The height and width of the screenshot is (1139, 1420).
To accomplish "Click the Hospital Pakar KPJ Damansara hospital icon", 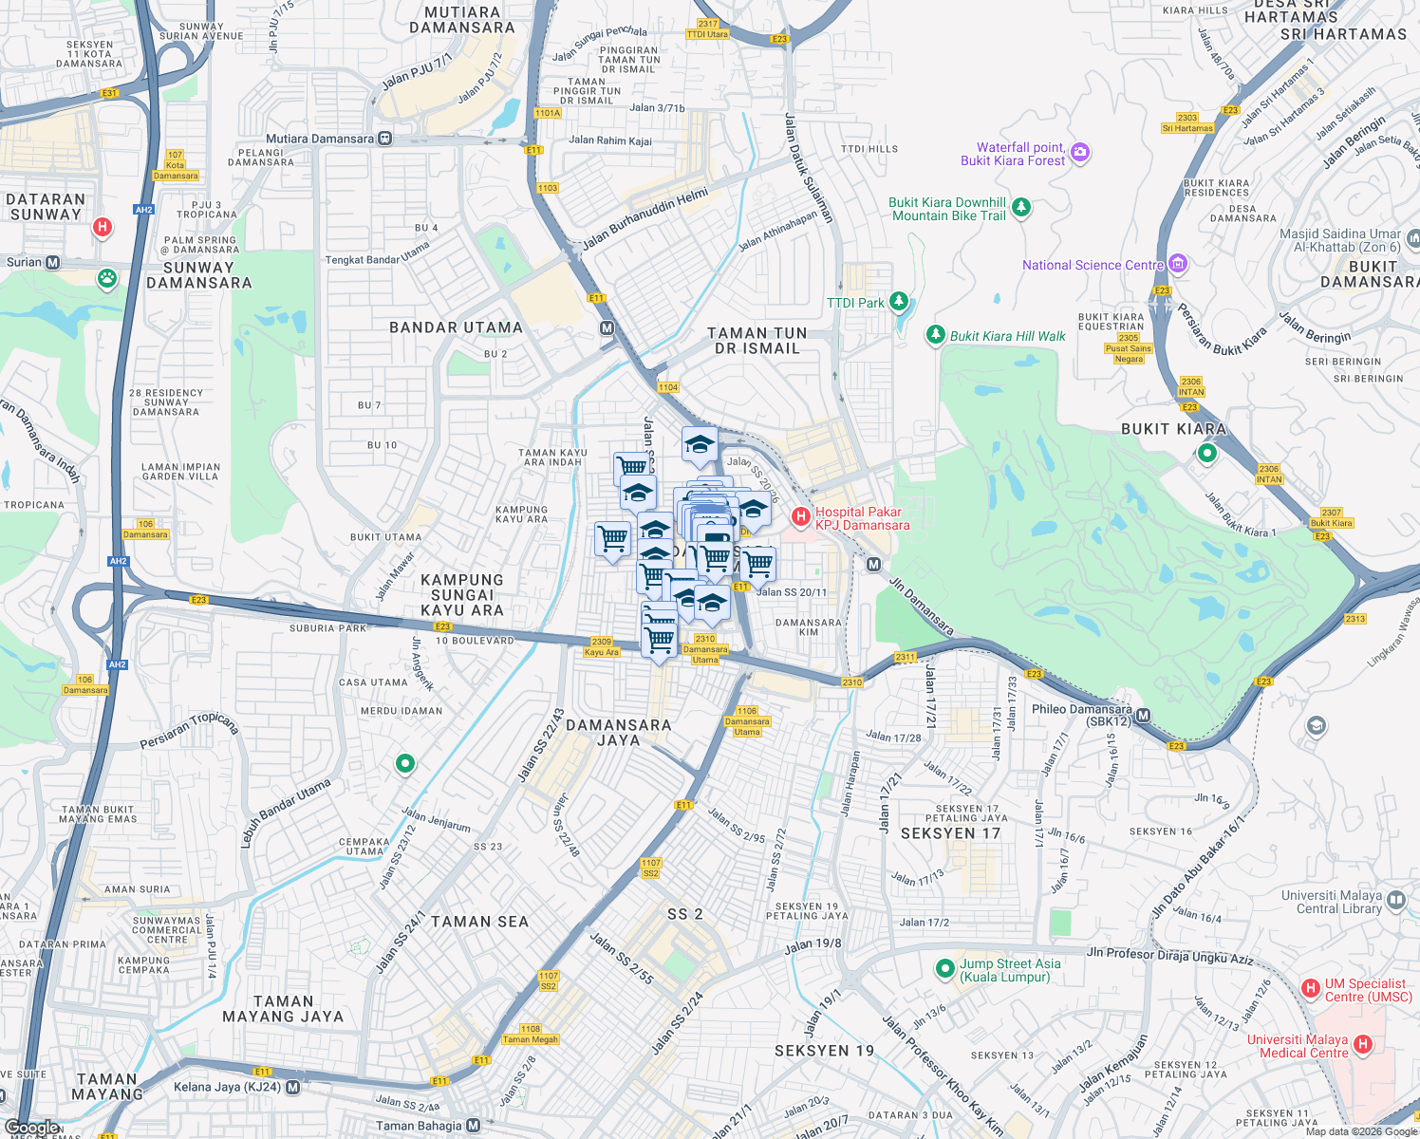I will pos(800,517).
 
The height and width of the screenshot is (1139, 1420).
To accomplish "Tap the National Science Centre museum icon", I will pos(1178,264).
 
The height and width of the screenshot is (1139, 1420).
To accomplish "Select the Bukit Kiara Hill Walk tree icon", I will pos(935,334).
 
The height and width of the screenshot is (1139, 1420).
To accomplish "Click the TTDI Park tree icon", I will pos(898,302).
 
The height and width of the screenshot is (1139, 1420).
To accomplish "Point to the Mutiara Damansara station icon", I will pos(384,139).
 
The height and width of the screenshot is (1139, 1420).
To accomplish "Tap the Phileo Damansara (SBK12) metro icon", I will pos(1143,716).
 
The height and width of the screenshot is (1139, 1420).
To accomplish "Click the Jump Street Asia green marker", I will pos(944,969).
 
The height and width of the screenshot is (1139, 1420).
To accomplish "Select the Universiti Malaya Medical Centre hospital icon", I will pos(1363,1045).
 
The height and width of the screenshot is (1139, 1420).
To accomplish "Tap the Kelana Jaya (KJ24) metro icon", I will pos(292,1088).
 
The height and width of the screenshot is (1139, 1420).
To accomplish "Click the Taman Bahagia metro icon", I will pos(473,1126).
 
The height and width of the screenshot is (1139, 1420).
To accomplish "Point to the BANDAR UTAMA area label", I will pos(456,327).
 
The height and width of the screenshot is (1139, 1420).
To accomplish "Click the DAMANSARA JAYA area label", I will pos(618,732).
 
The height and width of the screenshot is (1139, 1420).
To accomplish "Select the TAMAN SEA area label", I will pos(479,922).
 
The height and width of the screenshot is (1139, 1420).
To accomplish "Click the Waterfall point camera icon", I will pos(1079,153).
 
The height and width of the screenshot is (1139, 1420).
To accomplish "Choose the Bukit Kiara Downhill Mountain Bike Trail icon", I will pos(1021,207).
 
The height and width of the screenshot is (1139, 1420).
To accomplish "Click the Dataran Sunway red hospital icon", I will pos(103,227).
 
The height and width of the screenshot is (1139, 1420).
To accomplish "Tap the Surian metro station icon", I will pos(53,263).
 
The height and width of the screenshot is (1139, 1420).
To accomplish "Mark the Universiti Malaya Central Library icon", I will pos(1395,900).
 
